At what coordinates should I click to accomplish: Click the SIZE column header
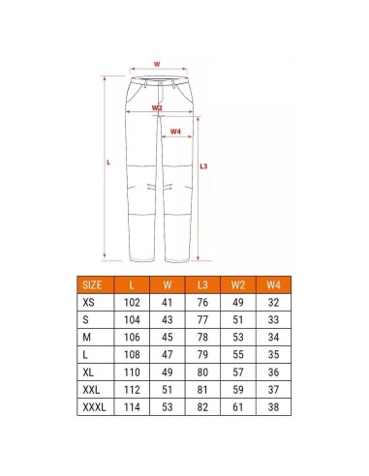point(92,285)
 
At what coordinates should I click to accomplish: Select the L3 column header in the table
point(202,285)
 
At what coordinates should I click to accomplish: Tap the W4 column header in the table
point(273,285)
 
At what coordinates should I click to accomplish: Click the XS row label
point(88,303)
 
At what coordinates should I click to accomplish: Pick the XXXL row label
point(94,407)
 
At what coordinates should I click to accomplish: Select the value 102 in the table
point(132,303)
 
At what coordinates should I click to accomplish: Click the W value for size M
point(168,338)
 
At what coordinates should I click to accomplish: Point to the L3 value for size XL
point(202,372)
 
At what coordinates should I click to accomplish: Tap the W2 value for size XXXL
point(238,407)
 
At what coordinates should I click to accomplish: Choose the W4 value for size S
point(273,320)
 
